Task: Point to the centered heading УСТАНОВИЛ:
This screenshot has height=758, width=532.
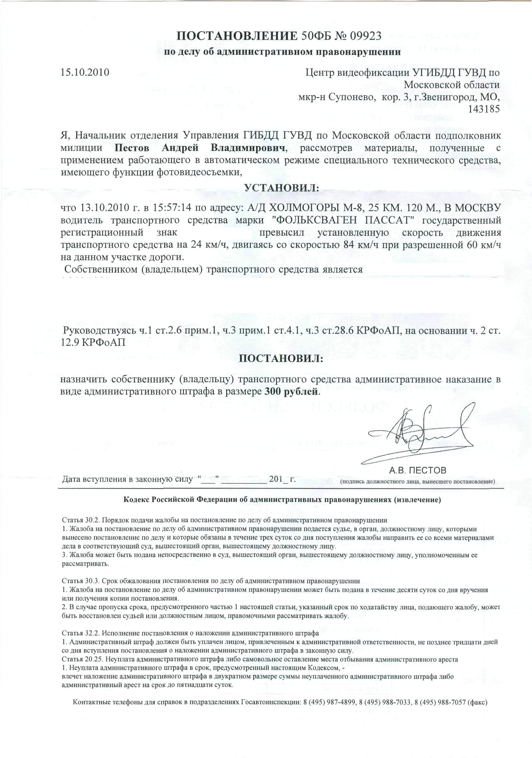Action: [x=281, y=188]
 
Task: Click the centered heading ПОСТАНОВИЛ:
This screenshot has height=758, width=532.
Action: [x=281, y=358]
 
